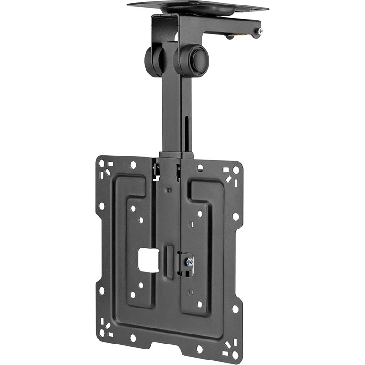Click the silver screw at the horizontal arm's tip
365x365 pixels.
(259, 31)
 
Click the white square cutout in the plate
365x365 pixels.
(149, 260)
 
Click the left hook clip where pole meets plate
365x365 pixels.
(156, 169)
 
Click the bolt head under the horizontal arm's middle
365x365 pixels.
(230, 36)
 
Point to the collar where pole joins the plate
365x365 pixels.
(176, 155)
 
